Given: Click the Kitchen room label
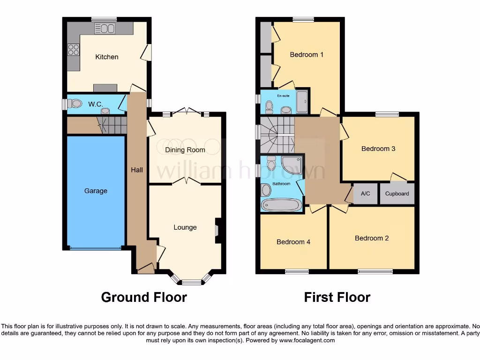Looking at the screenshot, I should pos(107,57).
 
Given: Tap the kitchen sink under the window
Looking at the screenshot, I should pos(105,29).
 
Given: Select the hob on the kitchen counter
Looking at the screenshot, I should pos(74,49).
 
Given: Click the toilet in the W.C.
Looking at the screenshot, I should pos(75,104).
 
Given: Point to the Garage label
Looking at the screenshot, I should pos(96,191).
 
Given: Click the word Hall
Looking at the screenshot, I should pos(137,170).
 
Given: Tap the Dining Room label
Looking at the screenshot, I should pos(185,150).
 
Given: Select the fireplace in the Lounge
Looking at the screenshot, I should pos(217,231).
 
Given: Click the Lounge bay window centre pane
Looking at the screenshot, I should pos(191,282).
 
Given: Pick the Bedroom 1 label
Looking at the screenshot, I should pos(307,54).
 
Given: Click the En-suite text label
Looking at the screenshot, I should pos(283,96).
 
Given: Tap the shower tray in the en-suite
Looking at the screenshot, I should pos(302,102).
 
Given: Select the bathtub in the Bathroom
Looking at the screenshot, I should pos(281,205).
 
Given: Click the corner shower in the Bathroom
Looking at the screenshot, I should pos(292,165).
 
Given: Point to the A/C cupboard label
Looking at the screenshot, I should pos(366,194).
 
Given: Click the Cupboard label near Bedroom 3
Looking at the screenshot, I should pos(397,194).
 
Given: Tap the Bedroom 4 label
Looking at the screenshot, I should pos(293,242).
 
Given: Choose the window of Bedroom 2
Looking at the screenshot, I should pos(375,271).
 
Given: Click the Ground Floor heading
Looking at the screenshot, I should pos(144,297).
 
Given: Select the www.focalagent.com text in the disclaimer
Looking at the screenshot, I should pos(307,340).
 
